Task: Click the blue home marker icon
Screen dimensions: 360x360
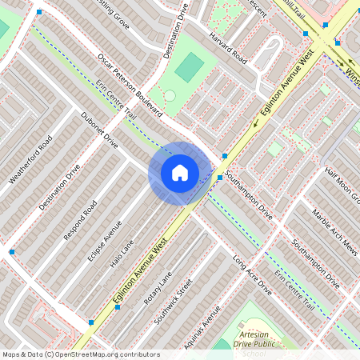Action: point(179,172)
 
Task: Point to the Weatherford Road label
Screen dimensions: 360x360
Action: point(30,159)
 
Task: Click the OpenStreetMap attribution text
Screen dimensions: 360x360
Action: point(80,354)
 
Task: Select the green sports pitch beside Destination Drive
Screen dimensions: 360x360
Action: point(190,67)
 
